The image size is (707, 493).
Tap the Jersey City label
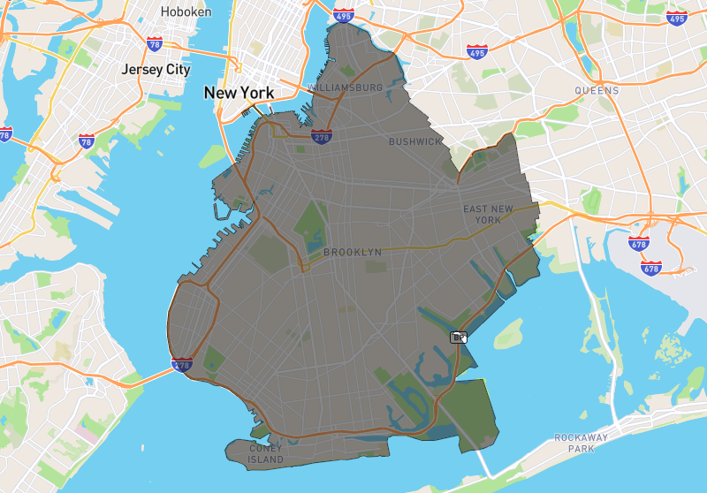(156, 69)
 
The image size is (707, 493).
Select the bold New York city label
(239, 92)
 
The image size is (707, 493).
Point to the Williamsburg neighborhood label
(346, 88)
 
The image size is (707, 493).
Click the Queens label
(597, 90)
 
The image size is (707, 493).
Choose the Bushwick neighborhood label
(415, 141)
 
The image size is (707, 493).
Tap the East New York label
(488, 214)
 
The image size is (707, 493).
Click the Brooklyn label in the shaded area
(353, 252)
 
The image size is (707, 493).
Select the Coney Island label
(265, 454)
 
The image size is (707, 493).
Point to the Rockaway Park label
(578, 444)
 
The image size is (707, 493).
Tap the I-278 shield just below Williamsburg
(322, 136)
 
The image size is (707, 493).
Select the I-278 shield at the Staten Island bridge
(182, 364)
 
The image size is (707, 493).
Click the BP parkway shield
(458, 337)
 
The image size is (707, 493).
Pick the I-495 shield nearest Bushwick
(477, 52)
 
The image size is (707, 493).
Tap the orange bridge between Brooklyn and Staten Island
(146, 375)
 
